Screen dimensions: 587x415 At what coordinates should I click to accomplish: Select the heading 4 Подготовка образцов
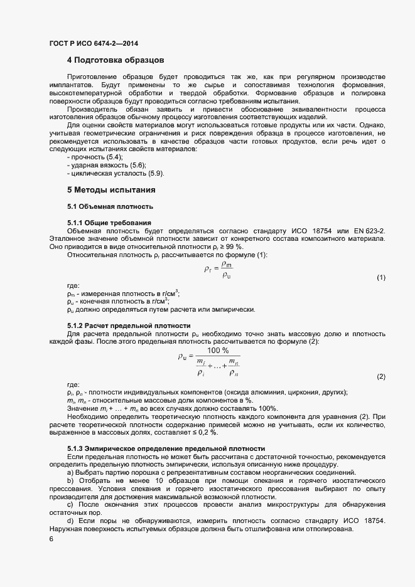coord(116,60)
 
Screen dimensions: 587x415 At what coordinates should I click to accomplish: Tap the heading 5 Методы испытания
coord(111,189)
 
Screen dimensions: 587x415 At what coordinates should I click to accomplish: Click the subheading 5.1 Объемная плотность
coord(110,206)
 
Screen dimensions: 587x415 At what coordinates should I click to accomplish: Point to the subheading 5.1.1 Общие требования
coord(109,223)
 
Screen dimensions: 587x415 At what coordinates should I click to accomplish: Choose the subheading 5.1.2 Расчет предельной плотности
coord(128,325)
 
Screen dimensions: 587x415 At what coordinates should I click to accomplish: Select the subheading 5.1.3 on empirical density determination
coord(166,449)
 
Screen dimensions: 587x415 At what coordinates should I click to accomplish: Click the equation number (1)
coord(380,277)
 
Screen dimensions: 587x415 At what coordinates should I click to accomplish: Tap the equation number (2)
coord(380,376)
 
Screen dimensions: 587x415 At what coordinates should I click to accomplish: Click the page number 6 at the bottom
coord(51,539)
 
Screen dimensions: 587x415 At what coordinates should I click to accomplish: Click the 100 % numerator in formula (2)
coord(218,350)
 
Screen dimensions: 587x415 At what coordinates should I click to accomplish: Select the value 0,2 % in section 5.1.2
coord(209,432)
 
